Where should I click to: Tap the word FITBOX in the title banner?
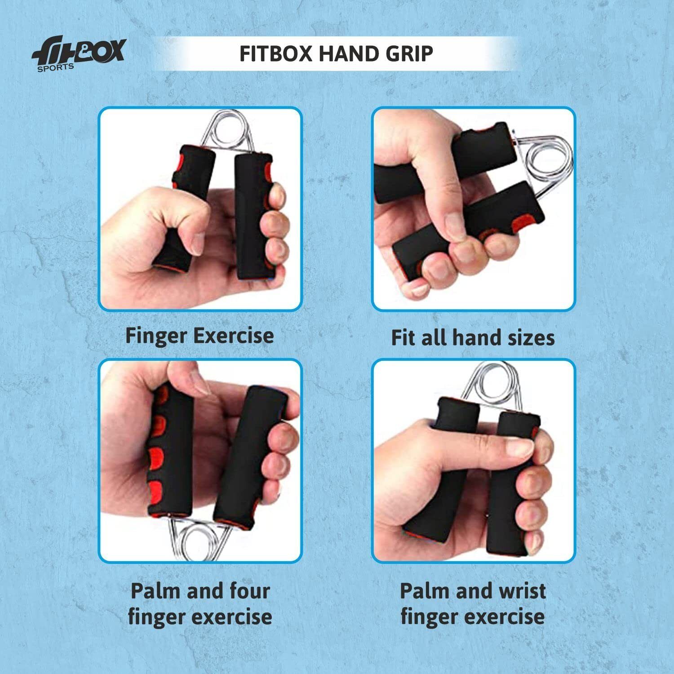click(x=275, y=53)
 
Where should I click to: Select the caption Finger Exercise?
click(x=200, y=336)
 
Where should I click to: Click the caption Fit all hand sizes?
click(x=473, y=337)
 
